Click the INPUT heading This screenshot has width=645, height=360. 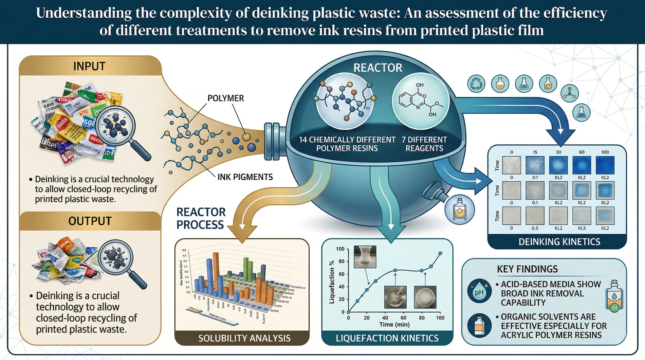point(89,66)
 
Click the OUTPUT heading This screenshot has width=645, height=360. point(90,221)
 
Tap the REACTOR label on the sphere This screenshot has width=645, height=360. point(377,68)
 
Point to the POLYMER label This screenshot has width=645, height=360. point(226,98)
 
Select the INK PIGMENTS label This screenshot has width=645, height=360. point(245,177)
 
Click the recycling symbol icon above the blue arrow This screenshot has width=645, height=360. point(476,84)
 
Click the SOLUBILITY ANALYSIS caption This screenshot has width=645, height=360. point(244,338)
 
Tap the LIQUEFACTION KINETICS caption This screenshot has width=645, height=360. point(387,338)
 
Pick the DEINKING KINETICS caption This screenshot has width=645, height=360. point(559,242)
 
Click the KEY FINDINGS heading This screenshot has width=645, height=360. point(527,269)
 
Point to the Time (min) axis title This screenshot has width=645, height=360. point(394,325)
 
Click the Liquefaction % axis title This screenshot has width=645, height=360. point(332,282)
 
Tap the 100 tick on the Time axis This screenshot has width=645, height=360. point(440,318)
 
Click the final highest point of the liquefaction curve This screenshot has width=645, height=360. point(440,253)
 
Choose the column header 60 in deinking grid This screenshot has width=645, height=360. point(582,152)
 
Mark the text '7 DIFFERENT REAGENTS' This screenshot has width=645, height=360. point(424,144)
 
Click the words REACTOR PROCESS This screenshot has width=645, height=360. point(201,218)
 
